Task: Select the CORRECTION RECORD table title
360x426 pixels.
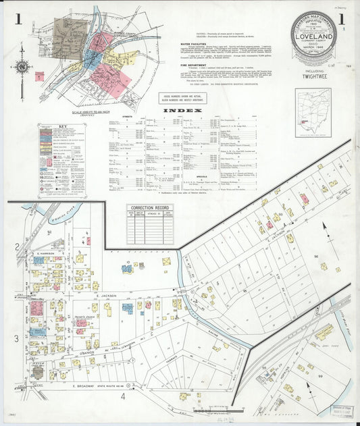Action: (x=150, y=209)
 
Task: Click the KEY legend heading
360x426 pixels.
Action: (x=62, y=126)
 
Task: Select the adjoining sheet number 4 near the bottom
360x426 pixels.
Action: (x=123, y=396)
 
